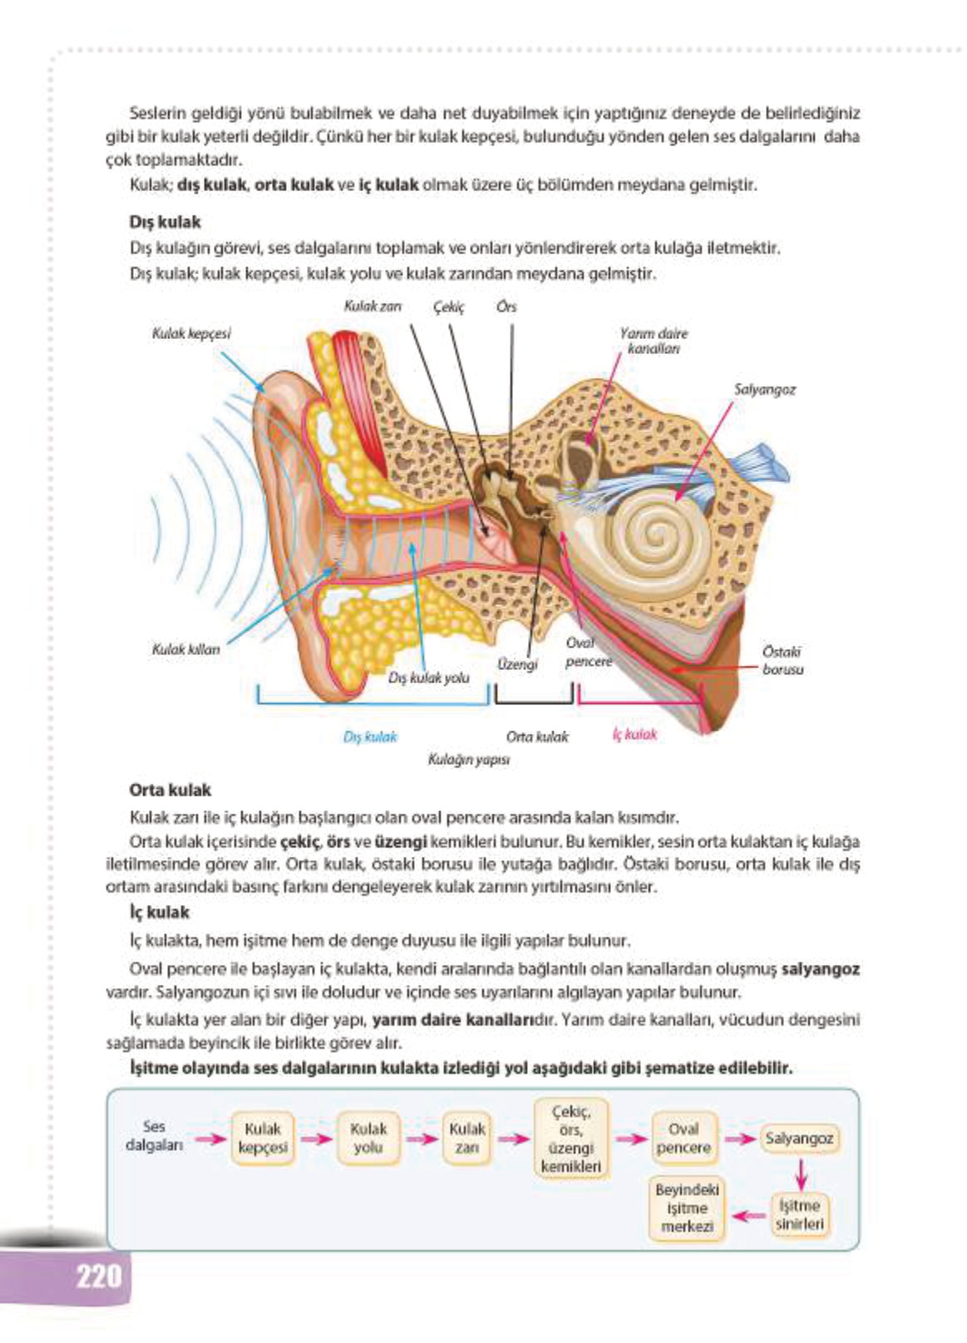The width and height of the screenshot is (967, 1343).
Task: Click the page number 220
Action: tap(98, 1275)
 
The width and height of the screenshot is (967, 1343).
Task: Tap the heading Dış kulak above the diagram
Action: tap(165, 222)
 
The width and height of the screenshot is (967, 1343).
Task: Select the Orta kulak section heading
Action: tap(170, 790)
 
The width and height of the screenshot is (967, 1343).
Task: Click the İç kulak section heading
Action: tap(159, 912)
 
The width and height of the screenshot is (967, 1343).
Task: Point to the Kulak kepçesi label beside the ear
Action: tap(191, 333)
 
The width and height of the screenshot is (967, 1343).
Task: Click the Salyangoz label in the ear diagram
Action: tap(764, 389)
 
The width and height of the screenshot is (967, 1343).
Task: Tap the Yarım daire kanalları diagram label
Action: tap(654, 341)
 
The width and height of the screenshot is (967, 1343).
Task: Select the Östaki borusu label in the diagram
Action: tap(782, 660)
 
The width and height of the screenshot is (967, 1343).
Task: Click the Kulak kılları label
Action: tap(185, 649)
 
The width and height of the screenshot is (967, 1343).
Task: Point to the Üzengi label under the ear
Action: tap(517, 664)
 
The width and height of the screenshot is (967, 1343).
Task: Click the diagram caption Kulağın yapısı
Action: tap(468, 759)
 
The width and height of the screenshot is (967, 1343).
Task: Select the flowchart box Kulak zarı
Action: tap(466, 1138)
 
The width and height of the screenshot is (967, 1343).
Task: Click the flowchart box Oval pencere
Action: tap(683, 1138)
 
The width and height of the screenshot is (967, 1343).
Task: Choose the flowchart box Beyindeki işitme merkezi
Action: tap(687, 1208)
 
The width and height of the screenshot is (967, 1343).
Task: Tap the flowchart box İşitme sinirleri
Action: tap(799, 1214)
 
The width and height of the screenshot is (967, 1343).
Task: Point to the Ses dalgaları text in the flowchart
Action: tap(154, 1135)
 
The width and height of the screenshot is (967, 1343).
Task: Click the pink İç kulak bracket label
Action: tap(634, 734)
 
